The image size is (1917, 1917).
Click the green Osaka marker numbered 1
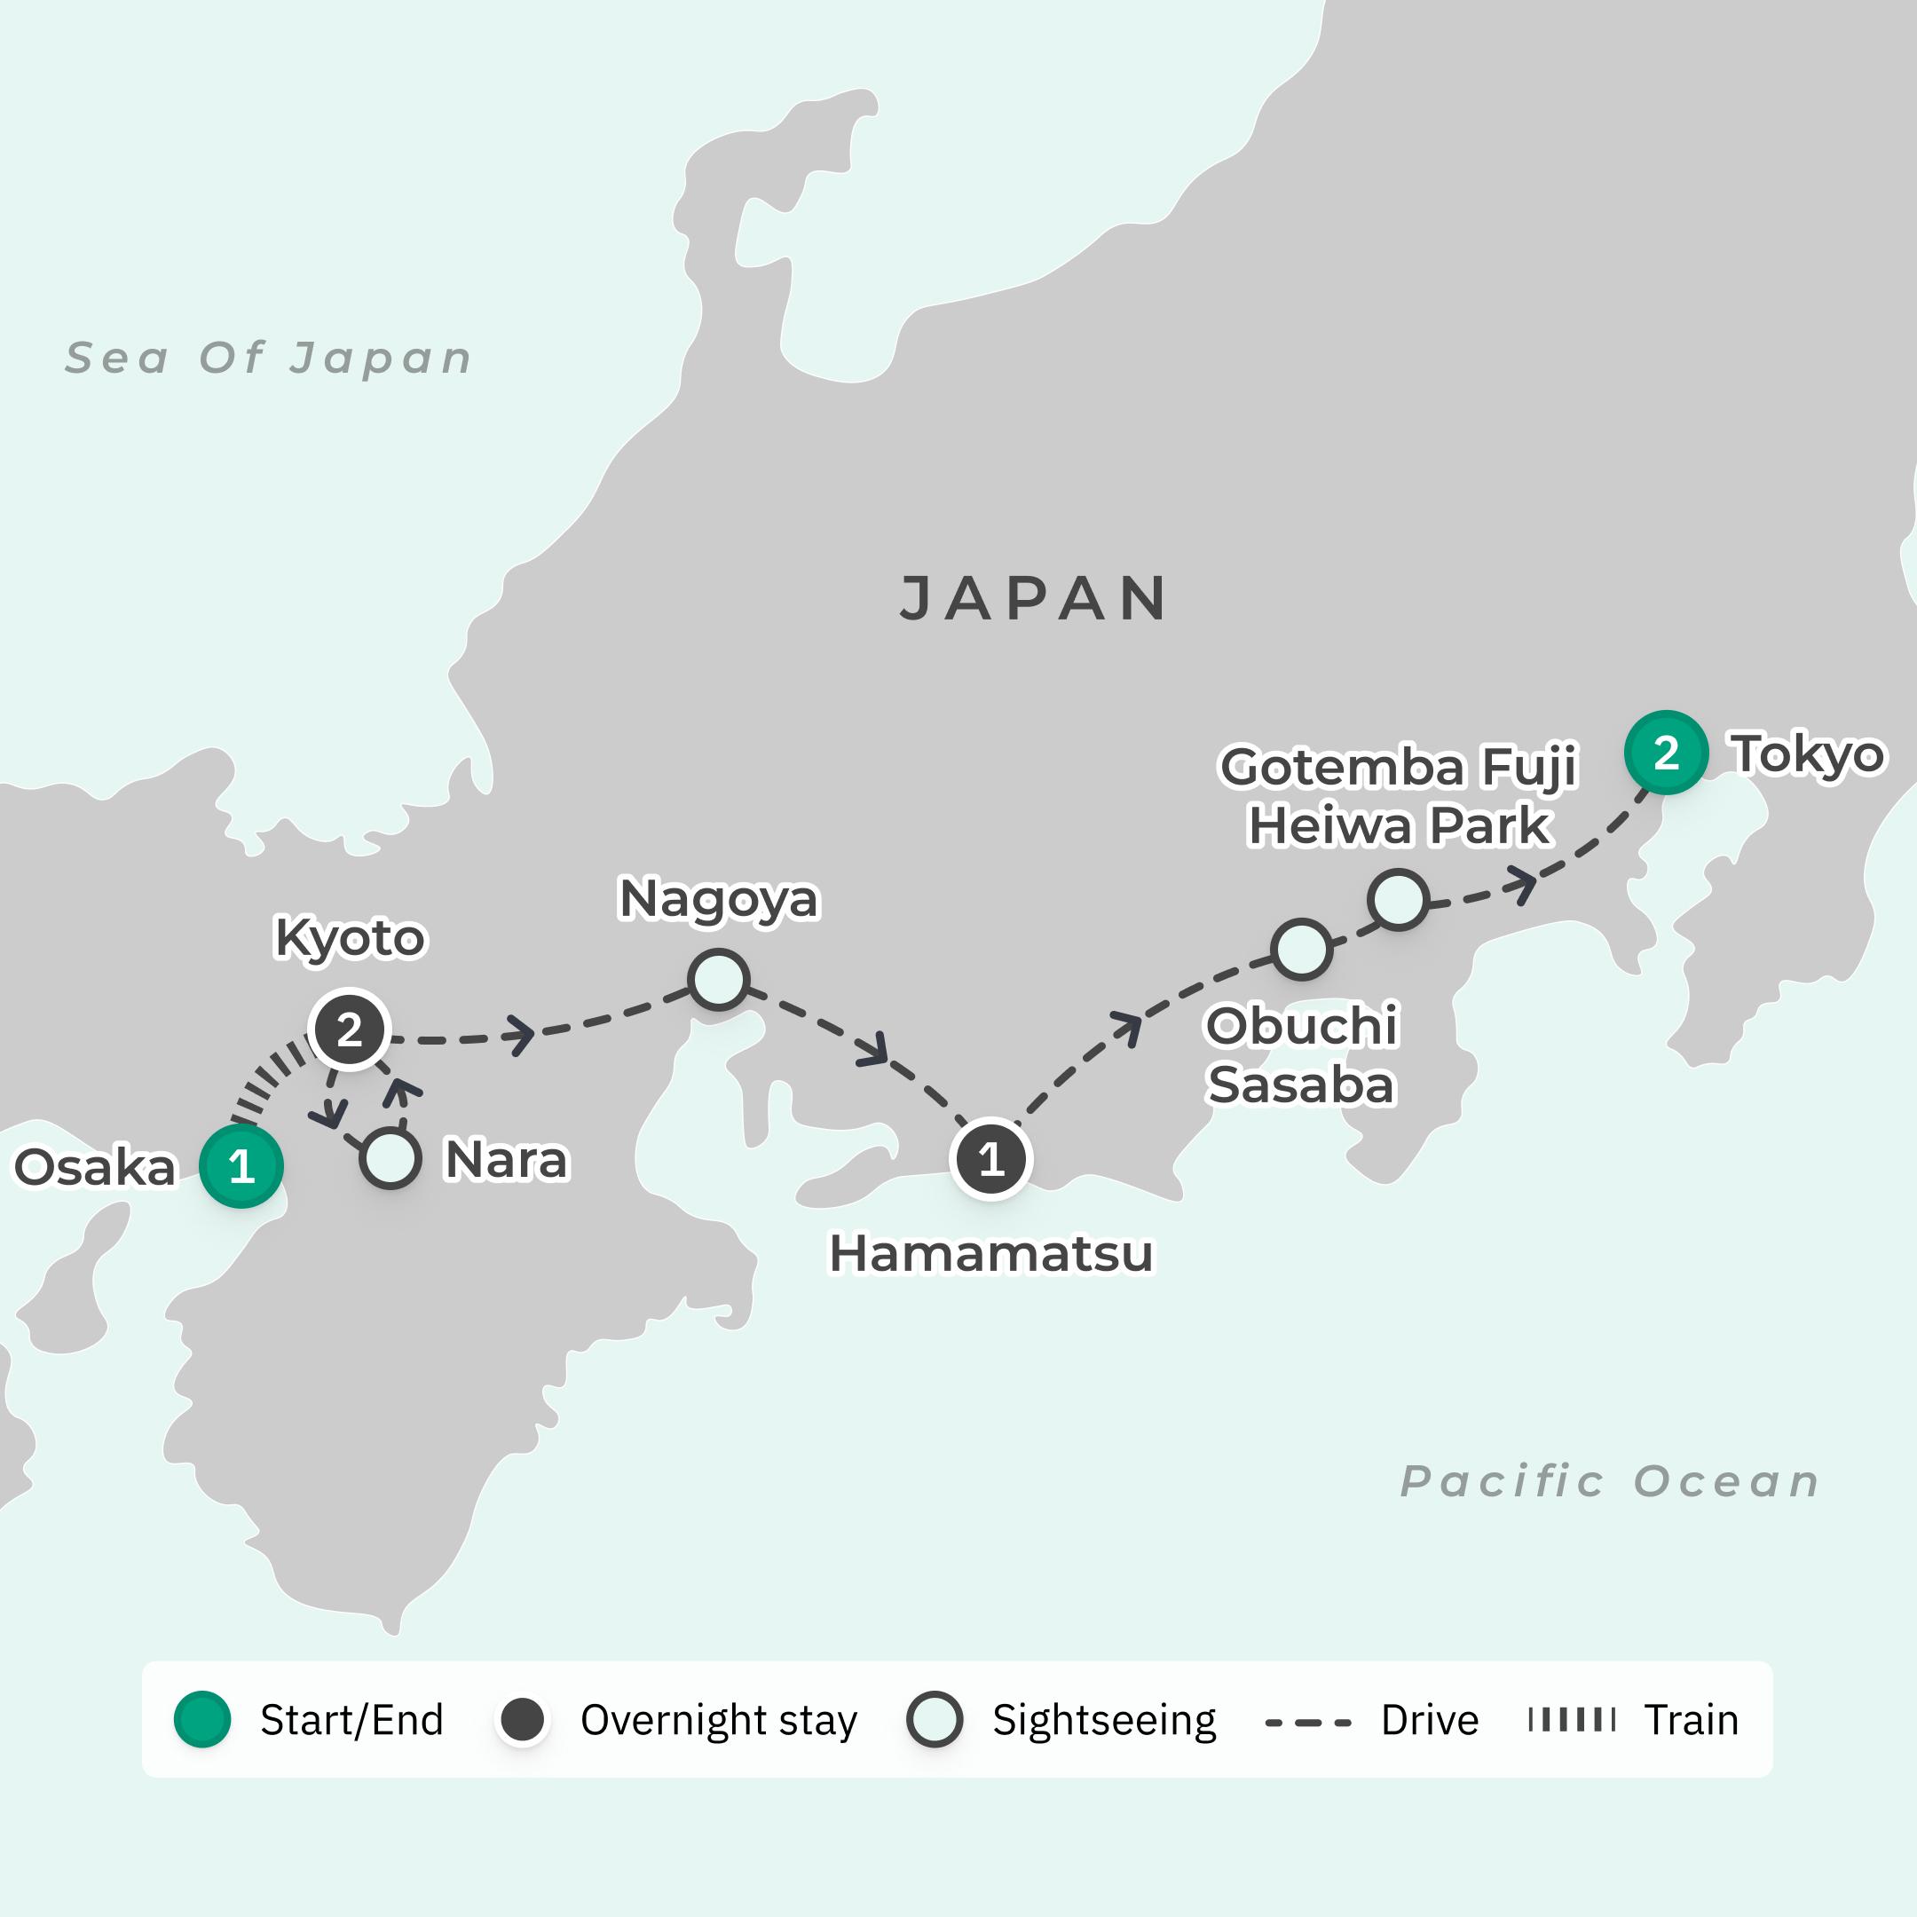coord(241,1166)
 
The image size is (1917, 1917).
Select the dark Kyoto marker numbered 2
coord(350,1029)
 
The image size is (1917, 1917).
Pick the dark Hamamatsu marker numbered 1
coord(990,1159)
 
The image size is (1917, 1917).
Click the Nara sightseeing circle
coord(390,1159)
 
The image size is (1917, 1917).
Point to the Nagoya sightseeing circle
coord(718,979)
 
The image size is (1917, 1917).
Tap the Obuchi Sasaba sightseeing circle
coord(1302,949)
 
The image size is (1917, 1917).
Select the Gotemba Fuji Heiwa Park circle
coord(1398,899)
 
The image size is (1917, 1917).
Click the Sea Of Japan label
coord(268,359)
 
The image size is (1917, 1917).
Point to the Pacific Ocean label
coord(1609,1481)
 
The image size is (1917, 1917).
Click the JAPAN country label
coord(1034,598)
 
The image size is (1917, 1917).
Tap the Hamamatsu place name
coord(991,1253)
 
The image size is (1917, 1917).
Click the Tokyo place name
coord(1807,754)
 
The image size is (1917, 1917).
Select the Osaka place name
coord(95,1167)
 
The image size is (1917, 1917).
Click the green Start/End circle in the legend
coord(202,1720)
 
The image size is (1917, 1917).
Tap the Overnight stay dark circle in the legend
coord(523,1720)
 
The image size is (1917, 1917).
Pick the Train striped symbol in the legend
coord(1572,1720)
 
